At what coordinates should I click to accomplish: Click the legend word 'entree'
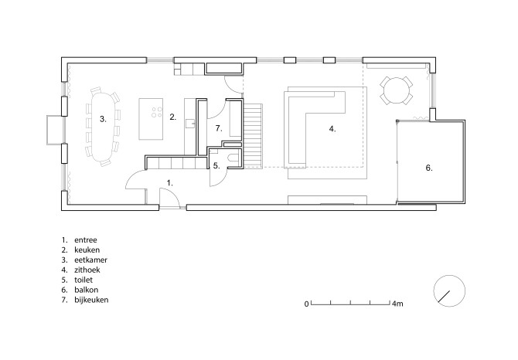(86, 240)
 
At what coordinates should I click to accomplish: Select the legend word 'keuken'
(87, 250)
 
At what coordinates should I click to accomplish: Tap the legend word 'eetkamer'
(91, 260)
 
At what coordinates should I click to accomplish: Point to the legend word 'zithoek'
(87, 270)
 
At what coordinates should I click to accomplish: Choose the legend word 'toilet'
(83, 280)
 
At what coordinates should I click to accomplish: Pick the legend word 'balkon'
(87, 290)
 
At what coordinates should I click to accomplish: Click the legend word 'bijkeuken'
(91, 300)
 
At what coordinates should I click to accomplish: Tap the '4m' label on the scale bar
(397, 304)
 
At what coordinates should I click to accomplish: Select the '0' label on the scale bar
(307, 304)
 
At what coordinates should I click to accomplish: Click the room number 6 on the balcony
(429, 168)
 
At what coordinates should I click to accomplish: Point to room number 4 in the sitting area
(332, 129)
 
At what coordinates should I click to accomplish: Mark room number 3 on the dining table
(103, 119)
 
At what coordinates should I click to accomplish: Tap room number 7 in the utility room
(219, 128)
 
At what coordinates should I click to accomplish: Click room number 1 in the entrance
(170, 182)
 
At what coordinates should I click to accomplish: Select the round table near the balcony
(396, 90)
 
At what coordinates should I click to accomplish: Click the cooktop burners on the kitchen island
(157, 112)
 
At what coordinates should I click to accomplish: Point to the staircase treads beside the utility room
(253, 135)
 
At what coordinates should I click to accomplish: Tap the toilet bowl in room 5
(234, 158)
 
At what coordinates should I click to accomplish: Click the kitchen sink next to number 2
(191, 123)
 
